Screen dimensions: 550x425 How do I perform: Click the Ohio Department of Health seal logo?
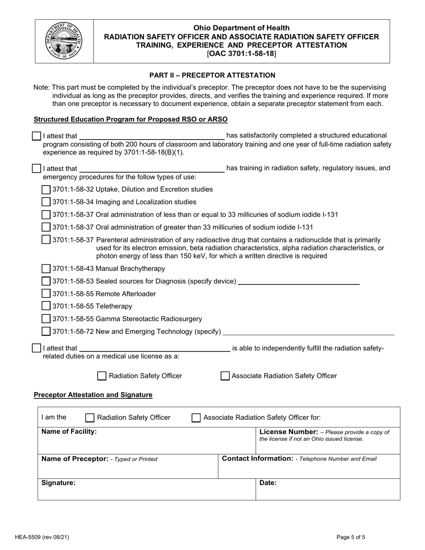coord(64,41)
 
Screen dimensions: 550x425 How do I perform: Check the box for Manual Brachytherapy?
coord(46,269)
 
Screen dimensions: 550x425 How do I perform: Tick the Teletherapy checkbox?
coord(46,306)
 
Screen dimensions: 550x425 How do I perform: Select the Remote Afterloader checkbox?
coord(46,294)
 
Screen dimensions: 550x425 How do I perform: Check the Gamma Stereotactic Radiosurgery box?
coord(46,319)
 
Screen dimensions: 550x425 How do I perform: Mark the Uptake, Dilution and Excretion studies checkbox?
coord(46,189)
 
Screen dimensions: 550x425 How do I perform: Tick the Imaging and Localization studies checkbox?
coord(46,202)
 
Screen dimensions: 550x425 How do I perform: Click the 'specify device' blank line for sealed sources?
coord(298,282)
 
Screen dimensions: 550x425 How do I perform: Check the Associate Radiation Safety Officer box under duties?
coord(225,376)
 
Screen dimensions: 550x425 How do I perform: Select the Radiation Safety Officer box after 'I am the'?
coord(90,418)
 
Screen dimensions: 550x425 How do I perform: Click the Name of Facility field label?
coord(69,432)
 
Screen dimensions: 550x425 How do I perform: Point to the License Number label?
coord(289,432)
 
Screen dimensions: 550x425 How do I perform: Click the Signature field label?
coord(58,483)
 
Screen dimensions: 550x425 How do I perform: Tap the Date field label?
coord(268,483)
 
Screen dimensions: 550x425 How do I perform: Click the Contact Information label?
coord(257,458)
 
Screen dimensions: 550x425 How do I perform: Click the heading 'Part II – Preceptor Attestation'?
coord(212,75)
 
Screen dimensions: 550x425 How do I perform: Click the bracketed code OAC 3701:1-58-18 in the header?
coord(242,54)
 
